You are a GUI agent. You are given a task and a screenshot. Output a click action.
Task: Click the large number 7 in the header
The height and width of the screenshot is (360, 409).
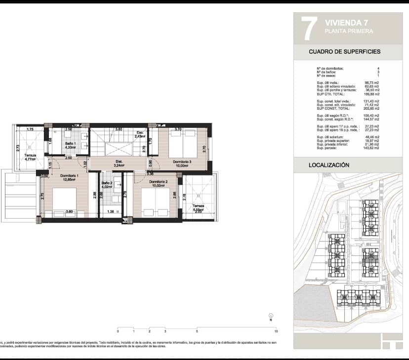tap(308, 28)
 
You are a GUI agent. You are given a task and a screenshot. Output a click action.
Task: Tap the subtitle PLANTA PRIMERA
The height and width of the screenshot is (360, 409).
tap(349, 31)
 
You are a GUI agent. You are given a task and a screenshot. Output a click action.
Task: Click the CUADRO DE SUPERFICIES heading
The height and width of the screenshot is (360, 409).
tap(344, 51)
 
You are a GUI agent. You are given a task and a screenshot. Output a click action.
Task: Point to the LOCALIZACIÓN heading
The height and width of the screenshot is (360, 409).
tap(329, 165)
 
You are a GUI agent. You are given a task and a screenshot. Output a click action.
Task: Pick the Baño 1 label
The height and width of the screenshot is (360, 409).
tap(71, 144)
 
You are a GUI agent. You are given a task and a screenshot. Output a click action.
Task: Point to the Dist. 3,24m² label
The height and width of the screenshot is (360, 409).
tap(119, 163)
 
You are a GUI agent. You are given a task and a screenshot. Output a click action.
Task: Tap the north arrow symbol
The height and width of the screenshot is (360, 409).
tap(270, 317)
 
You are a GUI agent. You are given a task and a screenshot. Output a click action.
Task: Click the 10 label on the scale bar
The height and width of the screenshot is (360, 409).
tap(276, 331)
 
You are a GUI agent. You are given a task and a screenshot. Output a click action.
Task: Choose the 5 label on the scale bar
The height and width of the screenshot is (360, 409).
tap(197, 331)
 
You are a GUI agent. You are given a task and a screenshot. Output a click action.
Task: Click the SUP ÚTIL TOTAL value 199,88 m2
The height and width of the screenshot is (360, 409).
tap(371, 94)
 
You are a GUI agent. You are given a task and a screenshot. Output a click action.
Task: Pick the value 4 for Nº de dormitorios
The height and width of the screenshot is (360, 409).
tap(378, 68)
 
